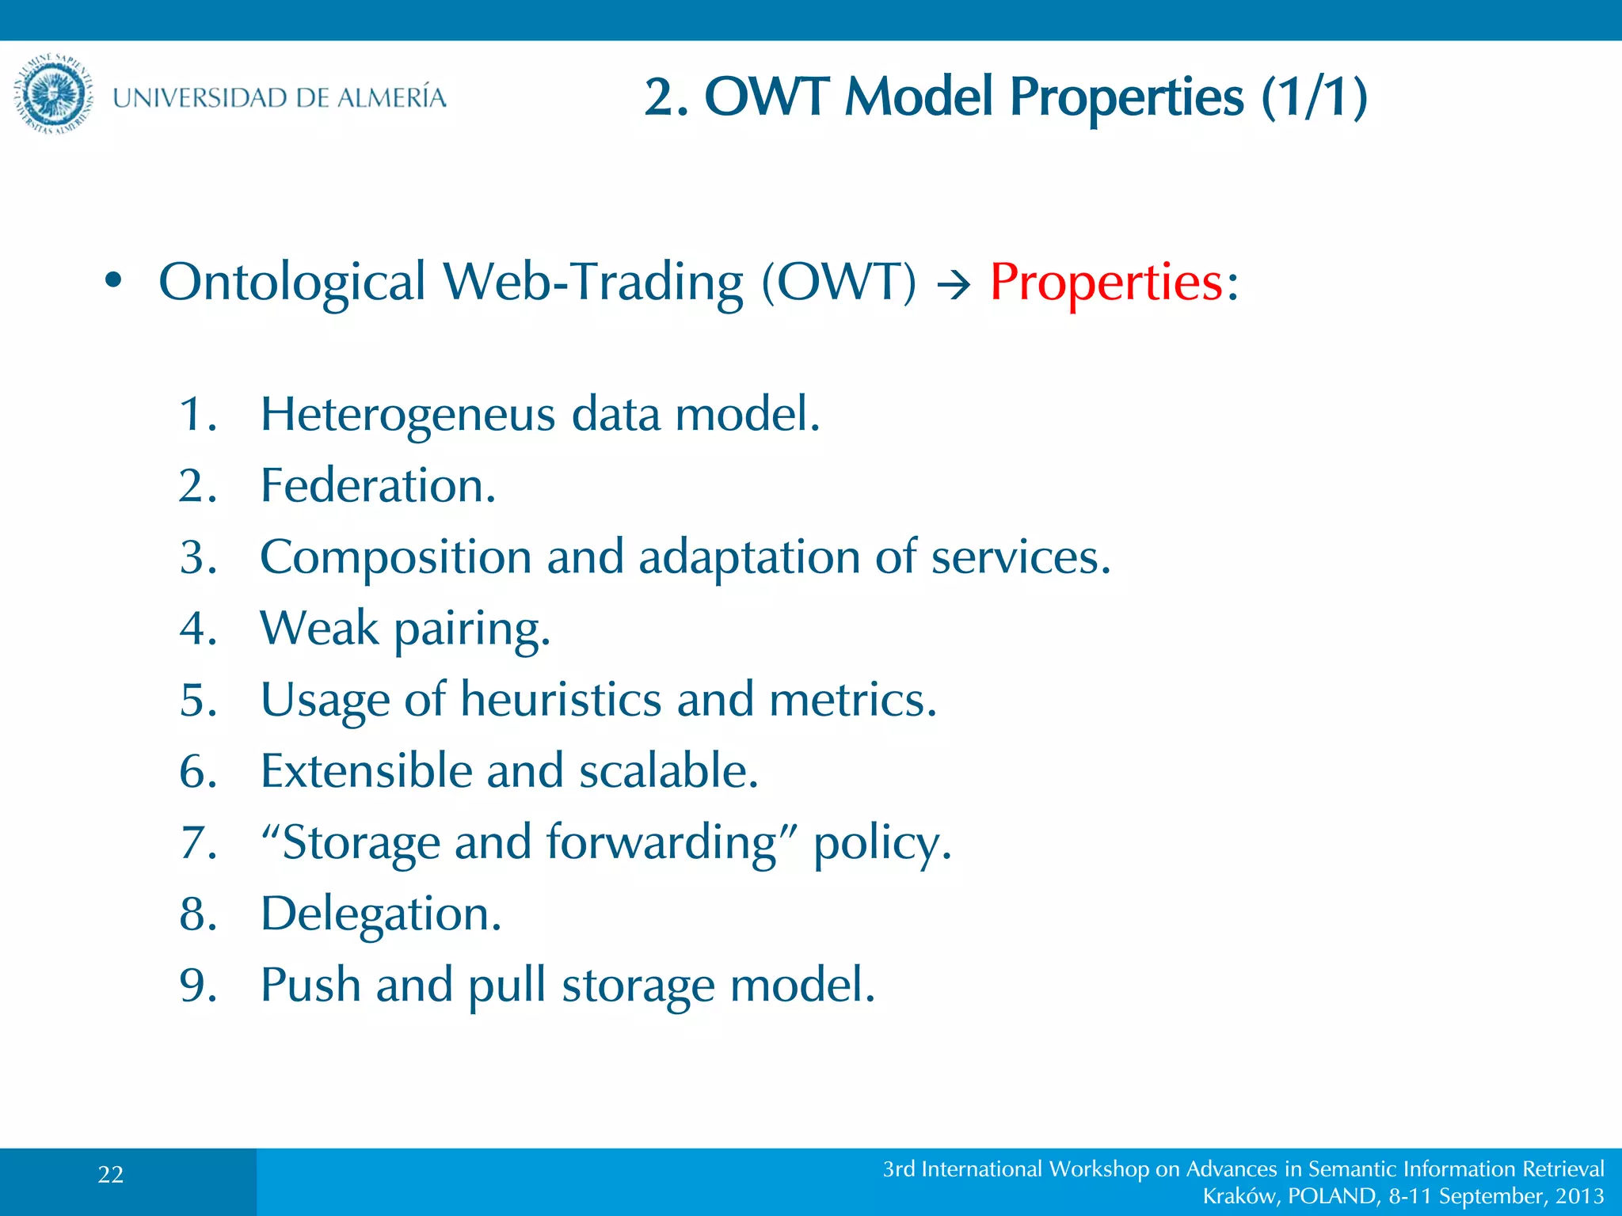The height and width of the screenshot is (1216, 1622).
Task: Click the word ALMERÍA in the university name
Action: (x=391, y=97)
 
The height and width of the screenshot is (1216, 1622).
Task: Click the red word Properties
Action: (x=1106, y=282)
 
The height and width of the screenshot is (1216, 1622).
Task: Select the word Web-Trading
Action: (x=592, y=282)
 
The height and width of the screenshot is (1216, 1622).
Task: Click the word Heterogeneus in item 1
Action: (x=408, y=414)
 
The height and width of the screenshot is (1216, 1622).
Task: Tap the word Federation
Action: (x=378, y=485)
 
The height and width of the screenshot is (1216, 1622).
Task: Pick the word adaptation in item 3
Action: (x=748, y=557)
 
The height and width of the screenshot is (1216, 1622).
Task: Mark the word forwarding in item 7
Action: (x=661, y=842)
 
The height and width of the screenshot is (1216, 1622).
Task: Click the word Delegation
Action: (x=380, y=914)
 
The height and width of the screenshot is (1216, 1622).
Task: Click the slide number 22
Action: (x=111, y=1175)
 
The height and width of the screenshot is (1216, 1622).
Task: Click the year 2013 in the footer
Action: (x=1579, y=1196)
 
